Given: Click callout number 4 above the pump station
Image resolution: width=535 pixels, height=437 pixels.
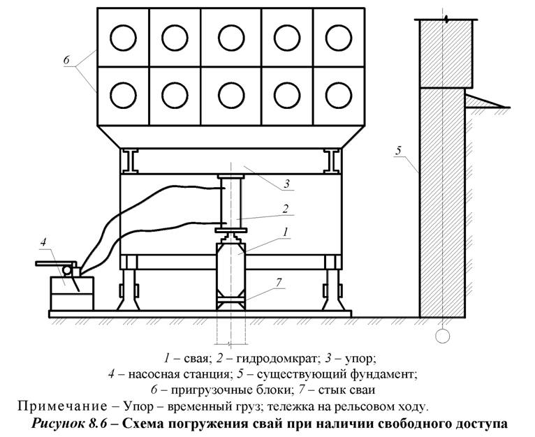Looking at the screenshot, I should (43, 242).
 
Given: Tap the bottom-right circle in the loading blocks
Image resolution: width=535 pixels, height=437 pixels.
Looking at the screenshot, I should (337, 94).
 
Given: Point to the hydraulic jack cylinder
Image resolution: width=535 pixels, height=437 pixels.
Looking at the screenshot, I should (231, 202).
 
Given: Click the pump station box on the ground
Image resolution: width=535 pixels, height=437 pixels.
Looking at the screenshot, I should (71, 292).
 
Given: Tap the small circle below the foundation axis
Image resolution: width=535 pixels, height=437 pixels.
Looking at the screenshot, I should (442, 336).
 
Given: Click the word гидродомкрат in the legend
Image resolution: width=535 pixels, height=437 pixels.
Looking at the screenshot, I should (273, 360).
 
